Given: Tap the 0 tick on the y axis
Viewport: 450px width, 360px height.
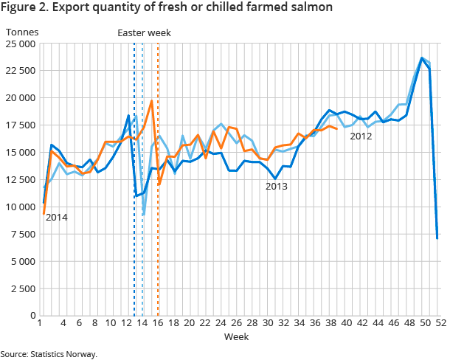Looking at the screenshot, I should [x=32, y=316].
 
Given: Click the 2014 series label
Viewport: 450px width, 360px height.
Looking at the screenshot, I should [x=55, y=218].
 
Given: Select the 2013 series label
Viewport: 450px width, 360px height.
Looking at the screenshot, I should [x=277, y=187].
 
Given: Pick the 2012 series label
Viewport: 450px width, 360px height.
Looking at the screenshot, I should [x=361, y=136].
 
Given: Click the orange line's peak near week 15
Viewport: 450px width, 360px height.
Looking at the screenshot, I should [x=151, y=101].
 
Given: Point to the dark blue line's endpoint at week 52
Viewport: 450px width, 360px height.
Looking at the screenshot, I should [x=437, y=238].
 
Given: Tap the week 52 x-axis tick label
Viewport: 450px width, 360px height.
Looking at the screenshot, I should [x=437, y=323].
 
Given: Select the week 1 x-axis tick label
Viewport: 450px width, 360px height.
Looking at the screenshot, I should [x=38, y=323].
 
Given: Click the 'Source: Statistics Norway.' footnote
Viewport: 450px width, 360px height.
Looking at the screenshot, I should [x=49, y=354].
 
